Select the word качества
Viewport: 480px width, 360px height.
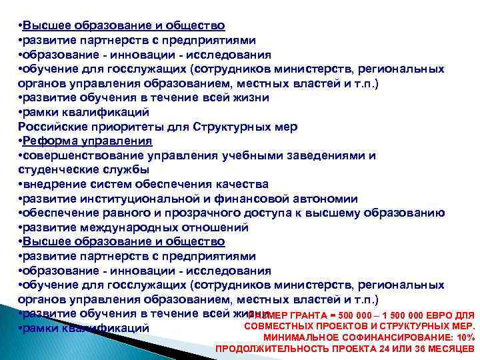[x=243, y=184]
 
